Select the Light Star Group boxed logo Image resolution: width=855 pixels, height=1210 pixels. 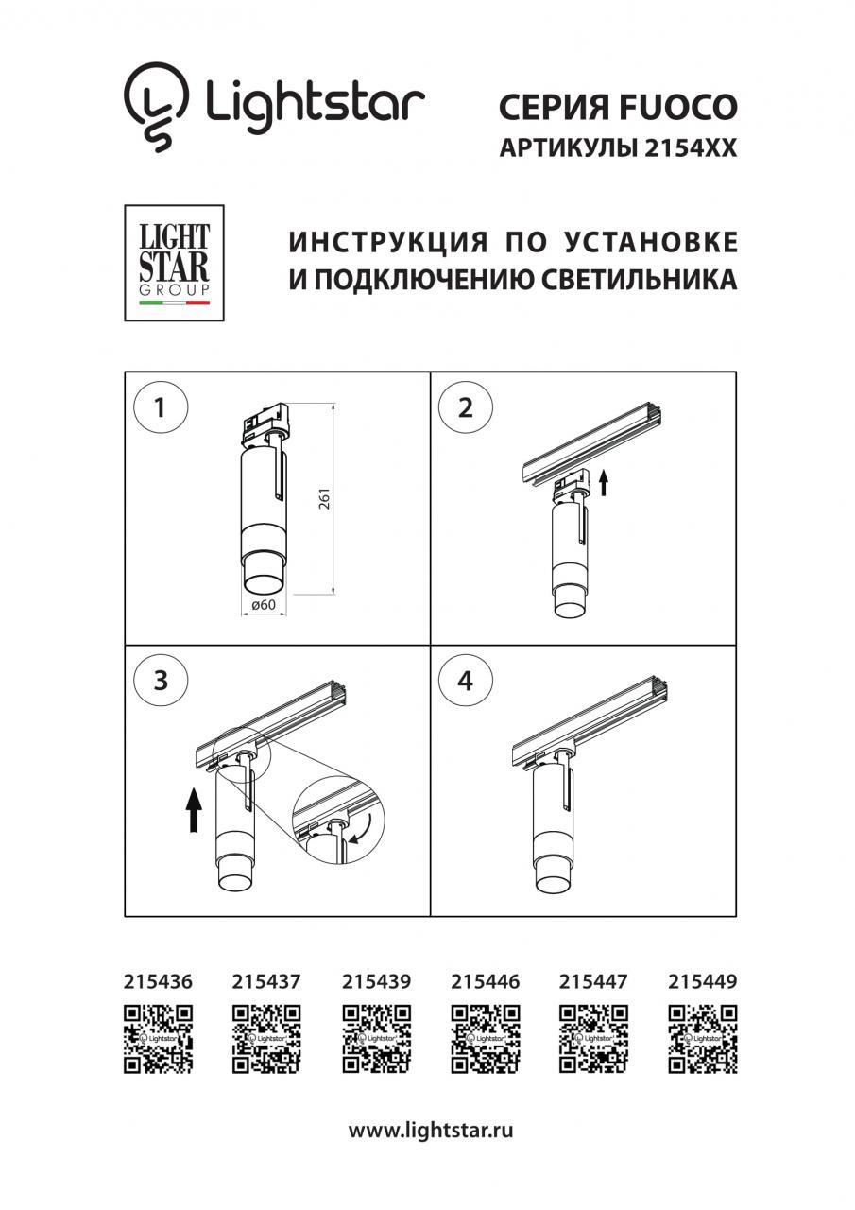tap(174, 263)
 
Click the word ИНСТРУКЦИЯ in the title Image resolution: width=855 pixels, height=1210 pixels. tap(388, 242)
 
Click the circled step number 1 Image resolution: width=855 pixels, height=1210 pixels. tap(161, 407)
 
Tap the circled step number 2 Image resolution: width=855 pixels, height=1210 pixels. tap(465, 407)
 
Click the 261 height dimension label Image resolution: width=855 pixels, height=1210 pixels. tap(324, 498)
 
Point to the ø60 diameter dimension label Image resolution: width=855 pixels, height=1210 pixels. tap(264, 604)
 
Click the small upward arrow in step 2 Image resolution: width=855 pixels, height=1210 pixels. tap(604, 482)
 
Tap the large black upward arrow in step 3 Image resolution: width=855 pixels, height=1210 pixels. tap(194, 818)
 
